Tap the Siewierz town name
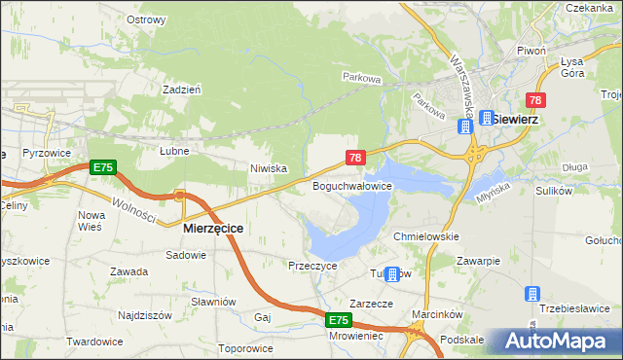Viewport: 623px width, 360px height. click(515, 119)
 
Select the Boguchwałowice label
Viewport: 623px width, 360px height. click(351, 185)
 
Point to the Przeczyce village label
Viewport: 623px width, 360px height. click(312, 265)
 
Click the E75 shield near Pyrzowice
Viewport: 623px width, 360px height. click(103, 168)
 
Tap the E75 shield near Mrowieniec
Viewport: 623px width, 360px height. click(338, 320)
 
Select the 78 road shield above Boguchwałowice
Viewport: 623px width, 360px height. click(355, 157)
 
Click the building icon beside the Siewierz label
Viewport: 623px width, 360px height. click(485, 118)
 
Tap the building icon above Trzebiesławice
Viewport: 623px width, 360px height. click(532, 293)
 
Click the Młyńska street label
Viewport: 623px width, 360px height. click(495, 185)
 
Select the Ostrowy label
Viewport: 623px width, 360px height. click(146, 19)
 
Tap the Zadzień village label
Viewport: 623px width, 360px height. click(182, 89)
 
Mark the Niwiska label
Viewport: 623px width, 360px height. click(268, 168)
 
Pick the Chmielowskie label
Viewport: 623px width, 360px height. click(424, 236)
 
